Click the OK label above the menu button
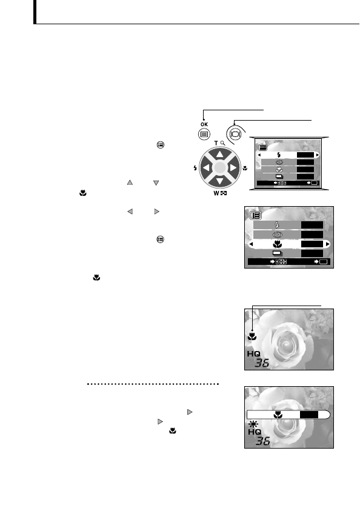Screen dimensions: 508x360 click(204, 125)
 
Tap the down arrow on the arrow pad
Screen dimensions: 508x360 click(220, 182)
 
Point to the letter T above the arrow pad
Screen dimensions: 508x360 click(216, 142)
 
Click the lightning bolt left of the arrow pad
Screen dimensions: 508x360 click(195, 168)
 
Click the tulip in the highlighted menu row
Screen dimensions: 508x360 click(278, 244)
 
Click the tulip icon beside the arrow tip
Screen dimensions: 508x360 click(253, 336)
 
